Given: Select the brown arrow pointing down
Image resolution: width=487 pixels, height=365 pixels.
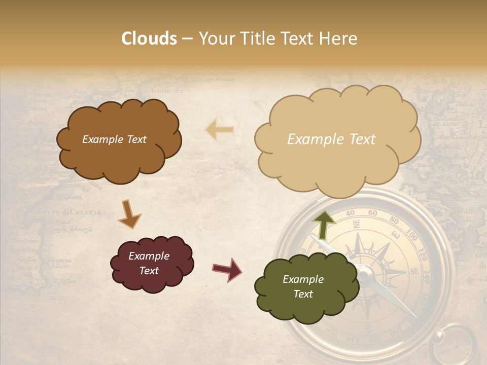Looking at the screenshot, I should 129,214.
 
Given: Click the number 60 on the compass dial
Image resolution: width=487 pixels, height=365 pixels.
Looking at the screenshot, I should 373,213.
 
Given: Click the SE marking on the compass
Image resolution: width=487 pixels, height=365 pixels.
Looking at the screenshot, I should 414,272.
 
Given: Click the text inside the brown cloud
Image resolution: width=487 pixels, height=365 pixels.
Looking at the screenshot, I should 114,139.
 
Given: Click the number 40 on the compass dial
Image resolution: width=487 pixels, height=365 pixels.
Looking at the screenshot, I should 350,213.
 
